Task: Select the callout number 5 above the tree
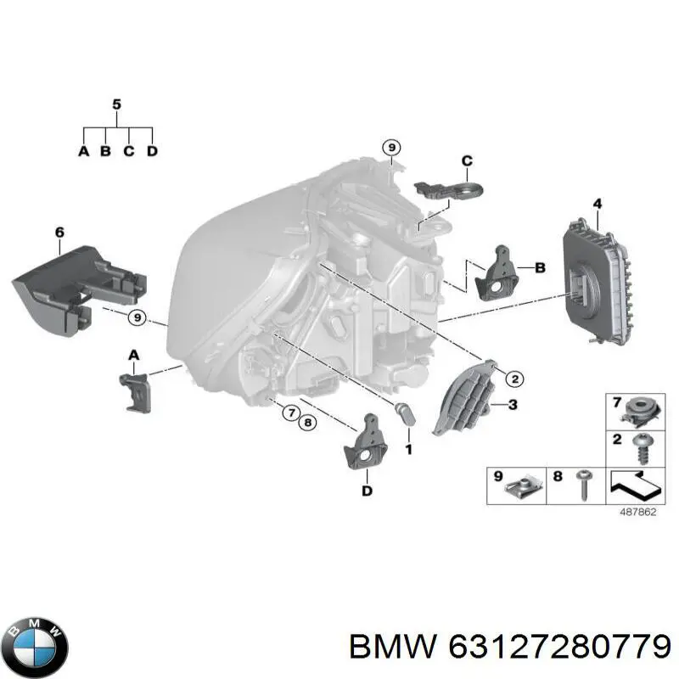point(117,104)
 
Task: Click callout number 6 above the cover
point(59,232)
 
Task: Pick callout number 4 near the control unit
point(598,204)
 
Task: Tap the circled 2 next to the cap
point(514,379)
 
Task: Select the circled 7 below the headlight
point(289,413)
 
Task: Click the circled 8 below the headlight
point(307,422)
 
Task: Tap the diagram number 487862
point(637,512)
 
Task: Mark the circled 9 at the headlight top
point(390,148)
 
